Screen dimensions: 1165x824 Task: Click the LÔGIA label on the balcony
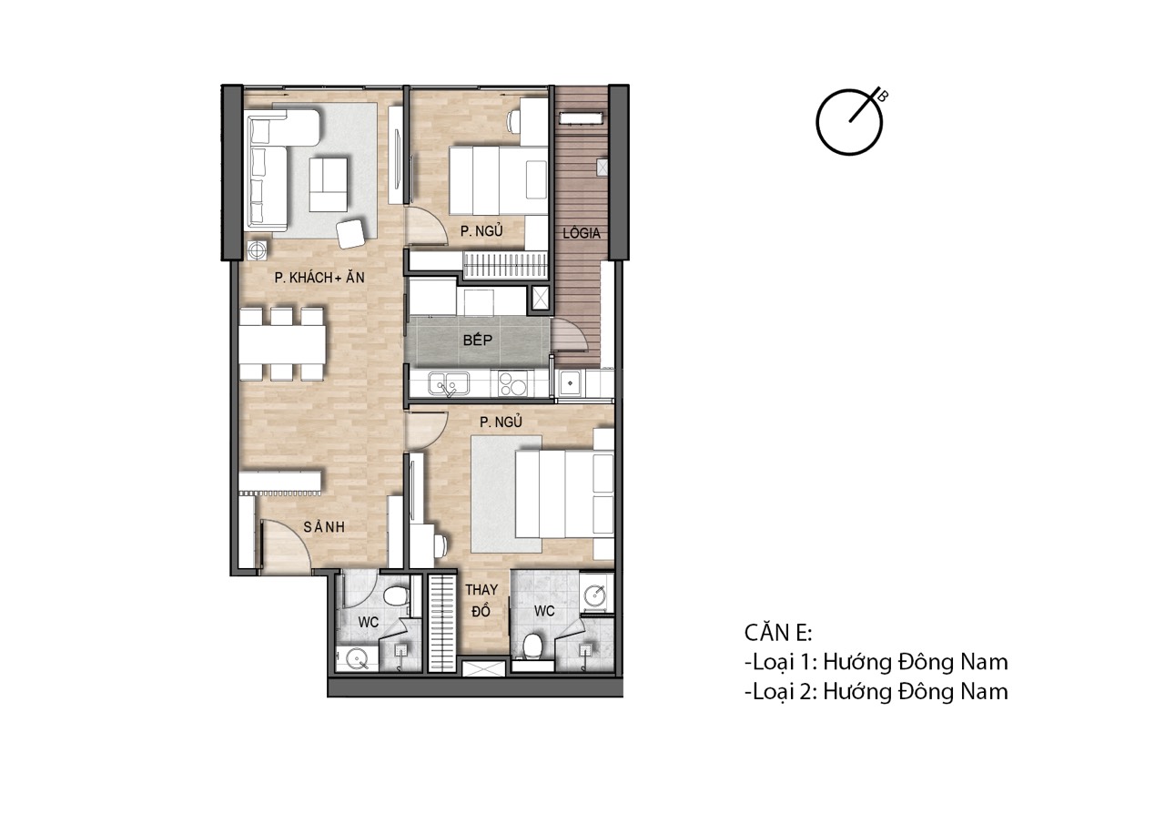(582, 232)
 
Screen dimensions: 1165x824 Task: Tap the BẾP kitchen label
(478, 340)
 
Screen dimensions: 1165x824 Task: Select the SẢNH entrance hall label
(324, 527)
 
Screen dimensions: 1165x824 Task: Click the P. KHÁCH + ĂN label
(319, 278)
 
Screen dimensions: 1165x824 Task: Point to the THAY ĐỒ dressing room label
(481, 600)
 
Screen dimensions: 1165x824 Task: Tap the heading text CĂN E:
(777, 633)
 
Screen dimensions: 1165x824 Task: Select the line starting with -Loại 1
(876, 662)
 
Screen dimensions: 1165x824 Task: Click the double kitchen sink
(449, 384)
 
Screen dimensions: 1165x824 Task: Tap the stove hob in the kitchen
(512, 384)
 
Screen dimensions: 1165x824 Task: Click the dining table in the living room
(283, 344)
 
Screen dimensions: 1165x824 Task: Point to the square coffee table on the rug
(329, 185)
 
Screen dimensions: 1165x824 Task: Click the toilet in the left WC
(396, 595)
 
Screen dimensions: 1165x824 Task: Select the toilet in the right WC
(532, 647)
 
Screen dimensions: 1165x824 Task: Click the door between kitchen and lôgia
(569, 336)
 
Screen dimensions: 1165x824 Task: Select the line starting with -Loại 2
(876, 692)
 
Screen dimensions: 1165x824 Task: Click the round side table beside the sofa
(257, 250)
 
